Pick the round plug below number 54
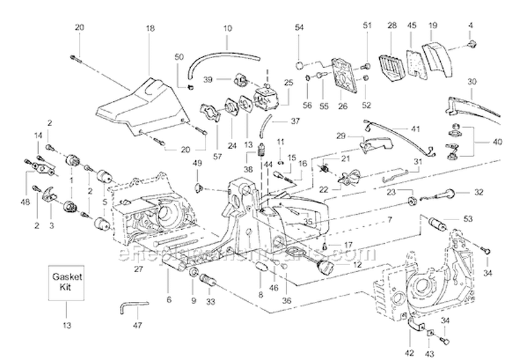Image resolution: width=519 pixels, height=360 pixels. click(x=300, y=66)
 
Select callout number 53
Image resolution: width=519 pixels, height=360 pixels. click(x=468, y=219)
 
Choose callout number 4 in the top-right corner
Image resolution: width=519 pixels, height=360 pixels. click(x=471, y=26)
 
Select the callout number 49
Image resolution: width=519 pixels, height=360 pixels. click(x=197, y=164)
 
